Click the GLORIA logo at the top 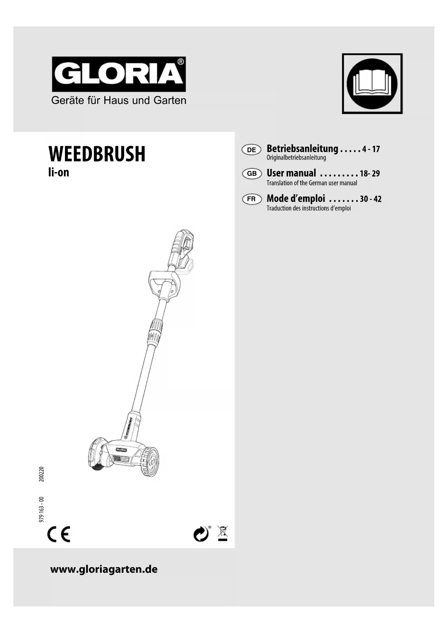[119, 74]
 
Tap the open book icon [372, 84]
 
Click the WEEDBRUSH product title [97, 154]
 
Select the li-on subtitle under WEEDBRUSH [58, 173]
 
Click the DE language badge [252, 150]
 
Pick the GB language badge [252, 174]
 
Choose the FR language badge [252, 199]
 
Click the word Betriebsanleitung [302, 148]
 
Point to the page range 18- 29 [370, 174]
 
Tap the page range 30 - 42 [370, 199]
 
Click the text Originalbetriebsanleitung [296, 158]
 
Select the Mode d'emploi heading [296, 198]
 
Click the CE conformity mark [59, 534]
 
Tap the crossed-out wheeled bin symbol [223, 533]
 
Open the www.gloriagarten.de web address [104, 569]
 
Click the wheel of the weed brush [149, 461]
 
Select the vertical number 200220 [42, 474]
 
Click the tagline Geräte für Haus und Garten [119, 100]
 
